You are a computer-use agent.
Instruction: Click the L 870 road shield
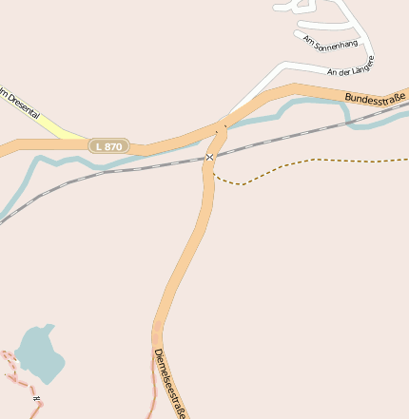coord(108,146)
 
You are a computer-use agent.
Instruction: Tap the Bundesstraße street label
coord(375,97)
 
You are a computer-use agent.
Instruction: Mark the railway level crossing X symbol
coord(209,157)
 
